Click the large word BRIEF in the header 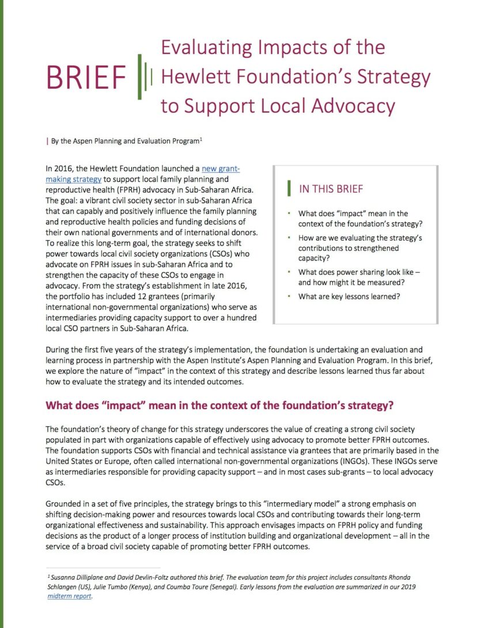[x=87, y=78]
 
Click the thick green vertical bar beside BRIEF [x=139, y=77]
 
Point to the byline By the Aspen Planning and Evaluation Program [x=123, y=139]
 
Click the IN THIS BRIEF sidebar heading [x=331, y=189]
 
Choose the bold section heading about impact [x=219, y=405]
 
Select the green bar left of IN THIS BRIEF [x=290, y=189]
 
